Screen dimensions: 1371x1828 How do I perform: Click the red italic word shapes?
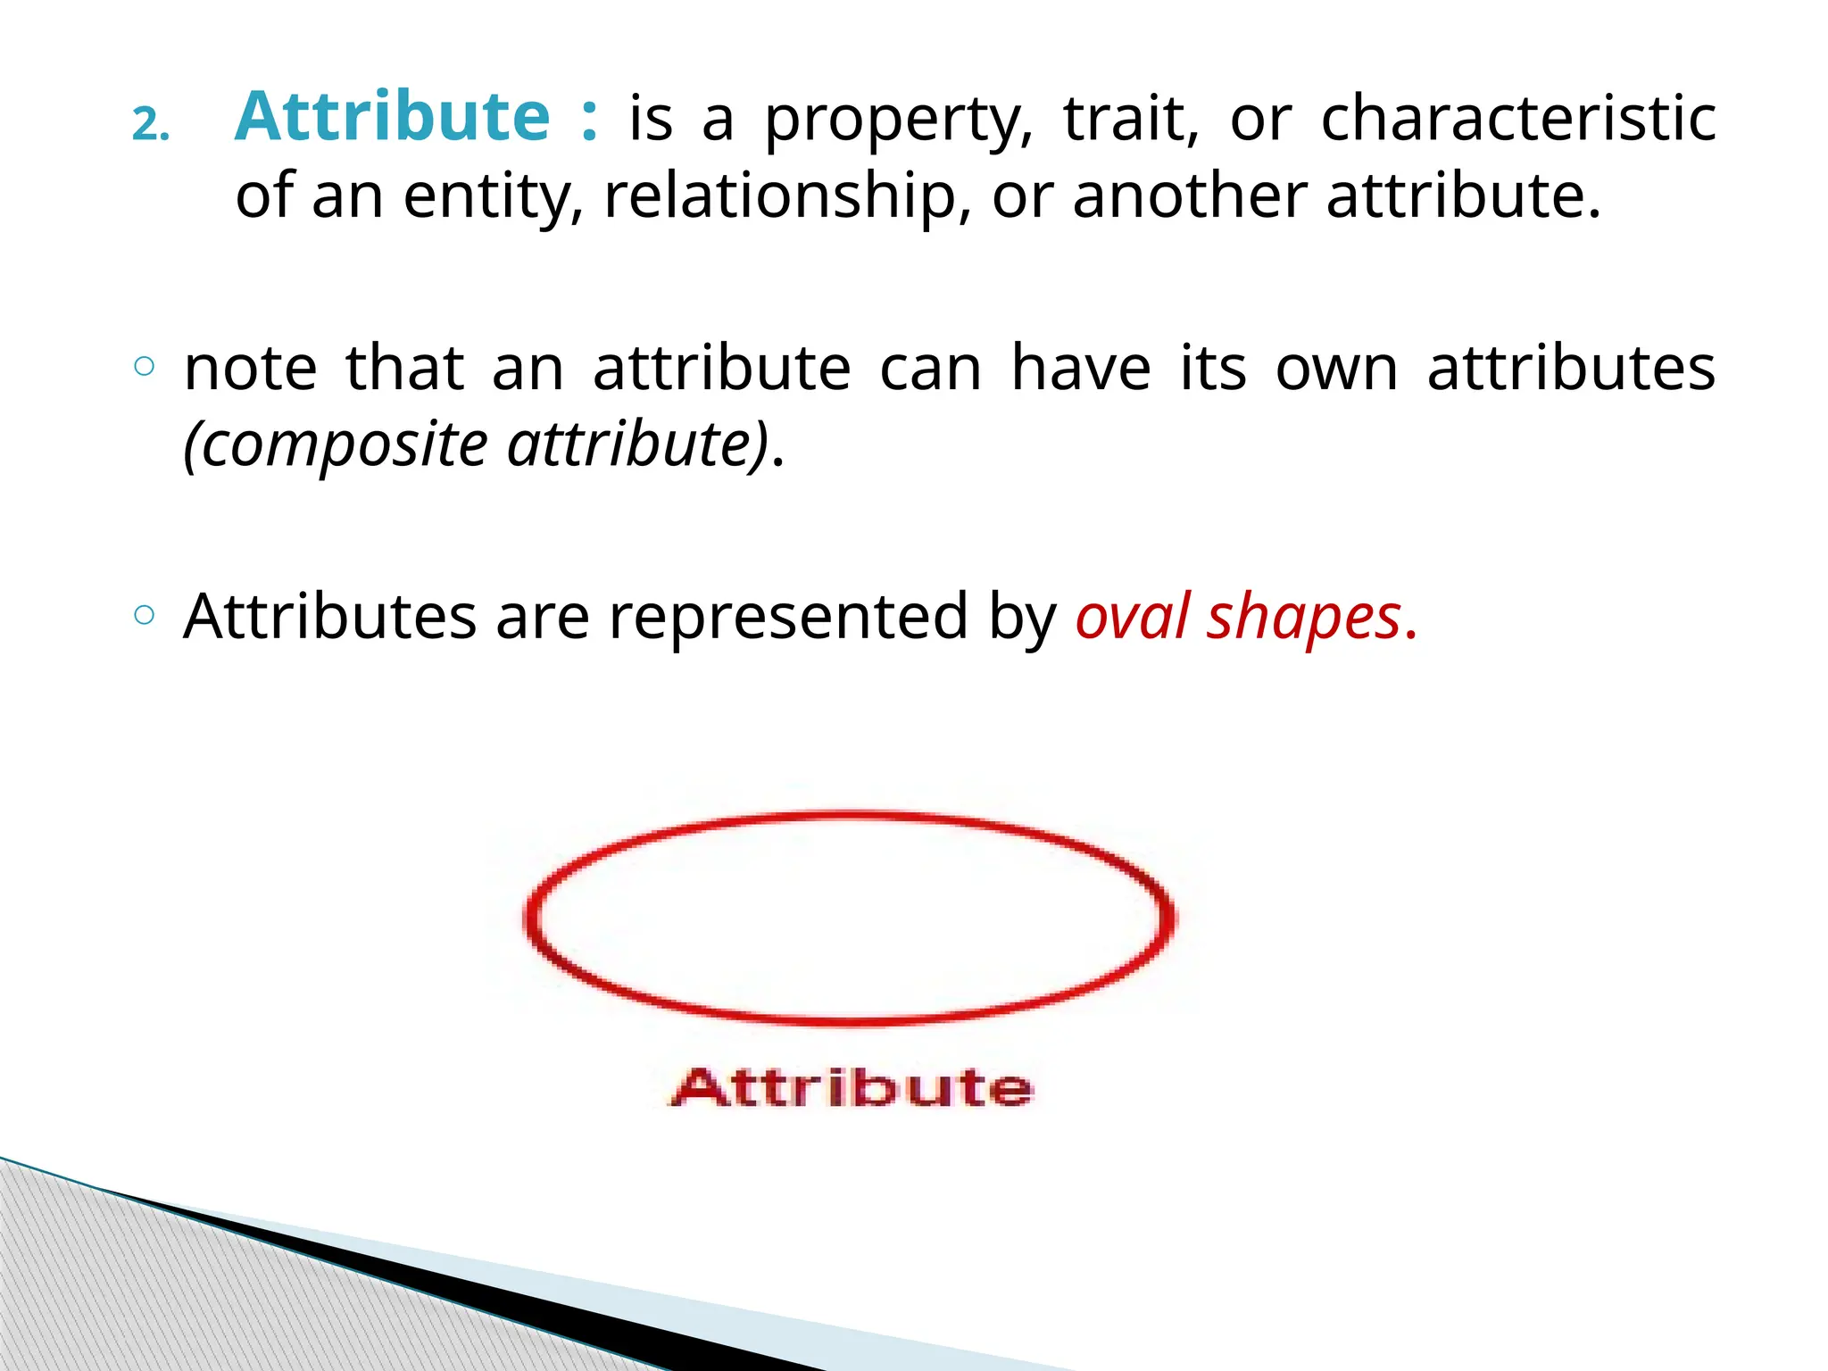click(x=1303, y=619)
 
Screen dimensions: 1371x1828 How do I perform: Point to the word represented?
click(x=788, y=619)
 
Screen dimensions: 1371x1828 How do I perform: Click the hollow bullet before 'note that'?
click(x=145, y=365)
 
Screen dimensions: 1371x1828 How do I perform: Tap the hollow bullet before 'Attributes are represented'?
click(x=145, y=614)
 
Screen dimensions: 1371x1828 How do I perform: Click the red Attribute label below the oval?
click(x=852, y=1087)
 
